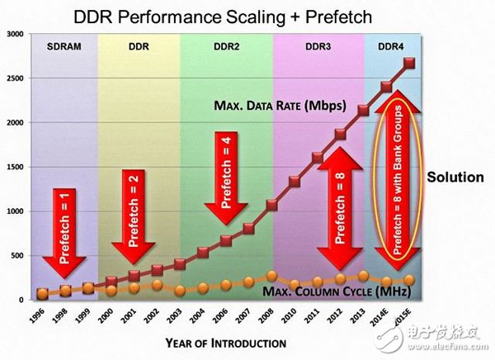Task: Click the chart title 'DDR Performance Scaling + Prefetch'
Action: click(x=222, y=15)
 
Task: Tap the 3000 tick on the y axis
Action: click(x=14, y=34)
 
